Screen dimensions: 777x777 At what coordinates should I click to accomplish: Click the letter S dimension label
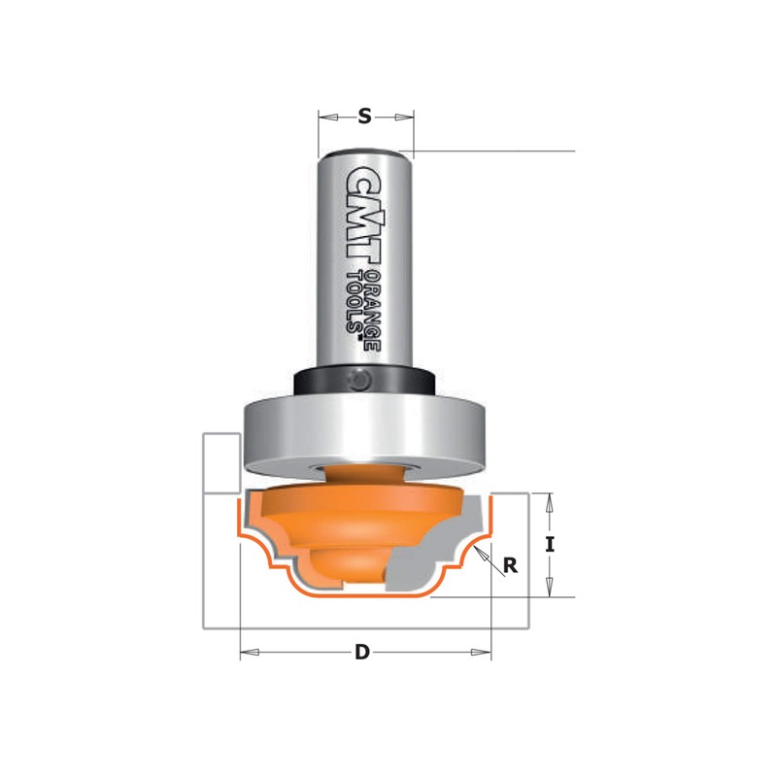coord(364,117)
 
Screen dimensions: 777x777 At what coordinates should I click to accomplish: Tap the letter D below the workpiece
coord(361,653)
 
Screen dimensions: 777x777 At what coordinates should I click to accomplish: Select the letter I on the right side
coord(550,545)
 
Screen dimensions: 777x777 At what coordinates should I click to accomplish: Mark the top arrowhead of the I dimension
coord(550,499)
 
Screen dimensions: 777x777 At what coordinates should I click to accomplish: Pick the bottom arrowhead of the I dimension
coord(550,591)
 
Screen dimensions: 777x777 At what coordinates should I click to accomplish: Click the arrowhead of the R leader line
coord(481,552)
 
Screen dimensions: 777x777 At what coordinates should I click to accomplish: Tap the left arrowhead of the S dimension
coord(324,117)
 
